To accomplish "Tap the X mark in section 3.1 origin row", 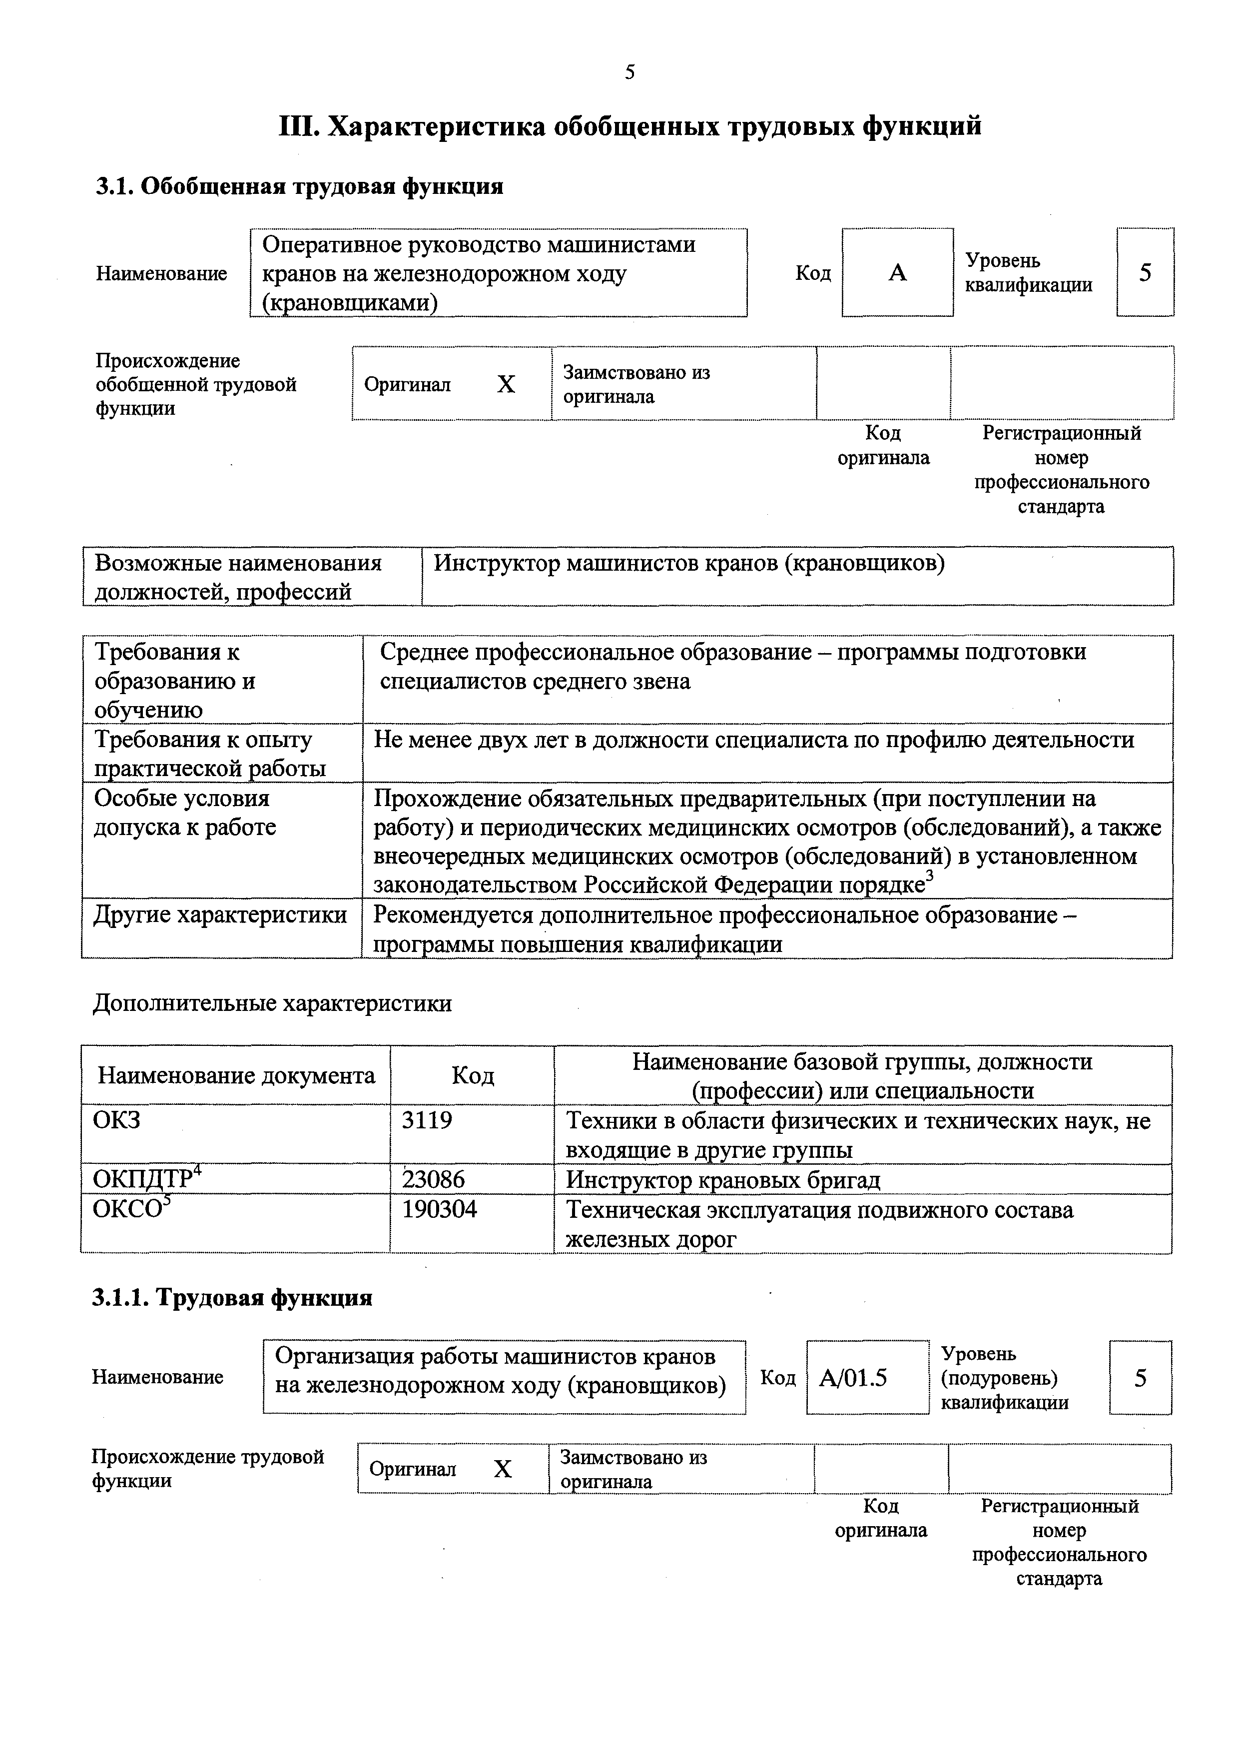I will (506, 384).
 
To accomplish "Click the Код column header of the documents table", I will (473, 1076).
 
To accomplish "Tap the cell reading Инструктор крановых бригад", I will (723, 1180).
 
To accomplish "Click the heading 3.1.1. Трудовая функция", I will (232, 1298).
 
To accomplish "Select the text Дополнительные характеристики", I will (273, 1003).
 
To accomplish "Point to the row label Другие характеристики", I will (220, 914).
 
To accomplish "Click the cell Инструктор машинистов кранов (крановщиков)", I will (689, 564).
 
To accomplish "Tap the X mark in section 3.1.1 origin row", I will (502, 1469).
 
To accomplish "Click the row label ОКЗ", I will (117, 1120).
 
